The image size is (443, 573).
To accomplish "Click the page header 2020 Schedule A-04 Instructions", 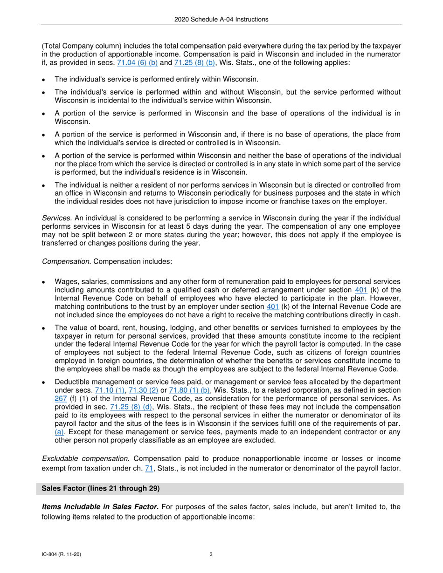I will (221, 19).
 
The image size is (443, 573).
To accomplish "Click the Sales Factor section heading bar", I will (221, 489).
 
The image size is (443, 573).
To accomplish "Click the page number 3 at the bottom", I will (211, 554).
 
